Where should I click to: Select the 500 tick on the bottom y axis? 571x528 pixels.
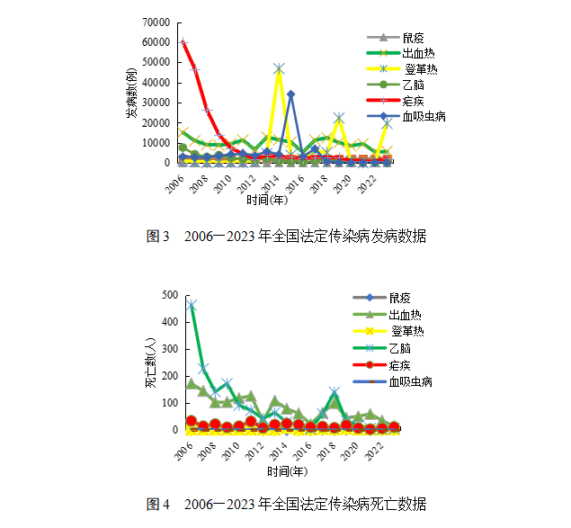coord(168,295)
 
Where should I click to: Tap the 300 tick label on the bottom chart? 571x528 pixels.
coord(168,349)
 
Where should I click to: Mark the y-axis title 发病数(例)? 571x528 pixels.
coord(131,93)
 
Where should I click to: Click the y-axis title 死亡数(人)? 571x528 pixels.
coord(150,362)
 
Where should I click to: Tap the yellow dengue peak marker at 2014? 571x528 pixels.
coord(279,68)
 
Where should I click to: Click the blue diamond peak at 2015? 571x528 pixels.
coord(290,94)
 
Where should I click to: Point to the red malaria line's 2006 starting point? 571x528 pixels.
coord(183,41)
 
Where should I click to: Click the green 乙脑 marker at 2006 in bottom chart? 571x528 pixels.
coord(192,305)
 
